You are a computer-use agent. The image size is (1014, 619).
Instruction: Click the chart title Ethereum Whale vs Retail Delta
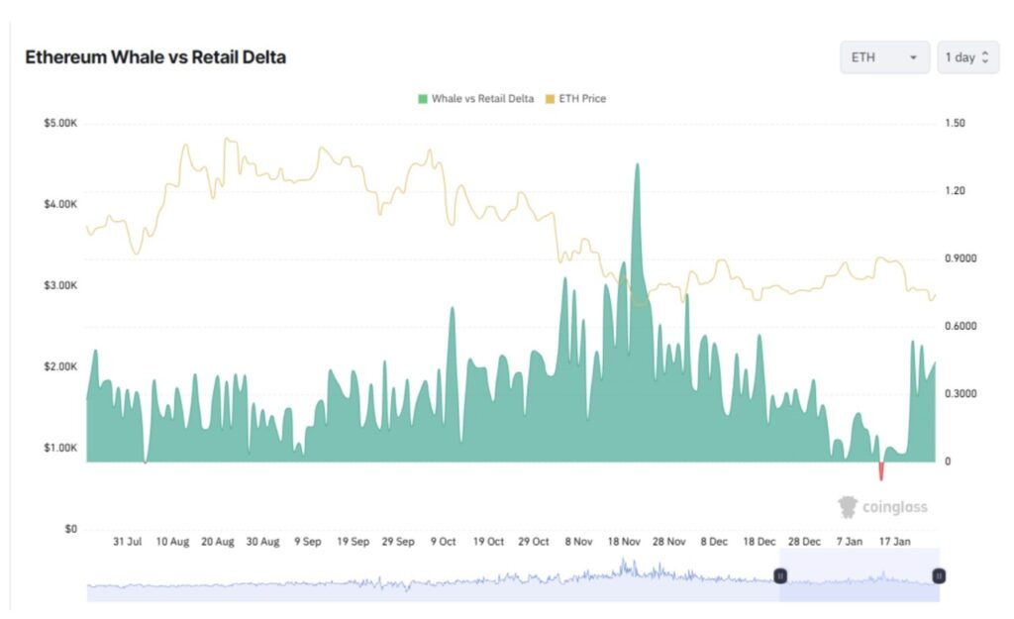tap(155, 57)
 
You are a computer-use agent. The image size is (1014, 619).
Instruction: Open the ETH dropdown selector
tap(884, 57)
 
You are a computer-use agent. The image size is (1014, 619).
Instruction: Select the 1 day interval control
tap(967, 57)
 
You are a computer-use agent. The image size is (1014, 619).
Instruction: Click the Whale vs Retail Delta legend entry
tap(476, 99)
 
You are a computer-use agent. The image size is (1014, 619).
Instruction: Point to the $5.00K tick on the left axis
tap(60, 124)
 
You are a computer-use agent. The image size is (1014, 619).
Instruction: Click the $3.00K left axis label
tap(60, 286)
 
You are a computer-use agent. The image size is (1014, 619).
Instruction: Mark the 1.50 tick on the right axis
tap(955, 124)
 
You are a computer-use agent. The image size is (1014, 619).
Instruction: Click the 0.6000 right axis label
tap(961, 327)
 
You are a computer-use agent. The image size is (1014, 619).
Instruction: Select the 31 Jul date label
tap(127, 542)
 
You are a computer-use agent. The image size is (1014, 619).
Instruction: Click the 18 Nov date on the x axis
tap(626, 542)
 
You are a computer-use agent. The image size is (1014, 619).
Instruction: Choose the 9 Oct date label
tap(442, 542)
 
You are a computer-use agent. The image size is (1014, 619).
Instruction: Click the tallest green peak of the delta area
tap(637, 165)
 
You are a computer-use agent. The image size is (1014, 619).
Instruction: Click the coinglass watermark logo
tap(883, 507)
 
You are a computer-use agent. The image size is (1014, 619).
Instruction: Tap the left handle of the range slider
tap(780, 575)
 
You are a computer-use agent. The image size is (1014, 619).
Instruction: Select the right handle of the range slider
tap(939, 575)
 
